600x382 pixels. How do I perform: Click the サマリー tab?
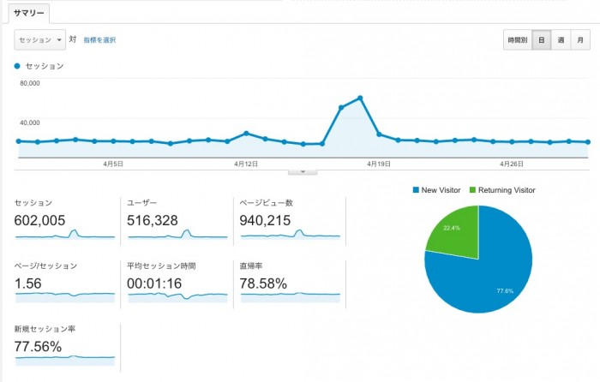pos(28,13)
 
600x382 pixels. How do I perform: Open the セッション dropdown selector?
pos(39,39)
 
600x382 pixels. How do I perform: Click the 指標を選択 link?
pos(99,39)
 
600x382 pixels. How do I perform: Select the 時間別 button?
pos(517,39)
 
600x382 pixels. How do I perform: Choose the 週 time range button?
pos(560,39)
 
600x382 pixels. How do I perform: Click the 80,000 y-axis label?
pos(29,84)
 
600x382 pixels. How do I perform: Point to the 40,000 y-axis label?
pos(29,122)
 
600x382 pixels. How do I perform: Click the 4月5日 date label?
pos(114,163)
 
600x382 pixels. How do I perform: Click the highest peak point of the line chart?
pos(360,98)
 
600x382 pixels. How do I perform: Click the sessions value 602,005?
pos(40,221)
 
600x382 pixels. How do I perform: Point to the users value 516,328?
pos(153,221)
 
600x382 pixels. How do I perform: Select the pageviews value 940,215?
pos(266,221)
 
